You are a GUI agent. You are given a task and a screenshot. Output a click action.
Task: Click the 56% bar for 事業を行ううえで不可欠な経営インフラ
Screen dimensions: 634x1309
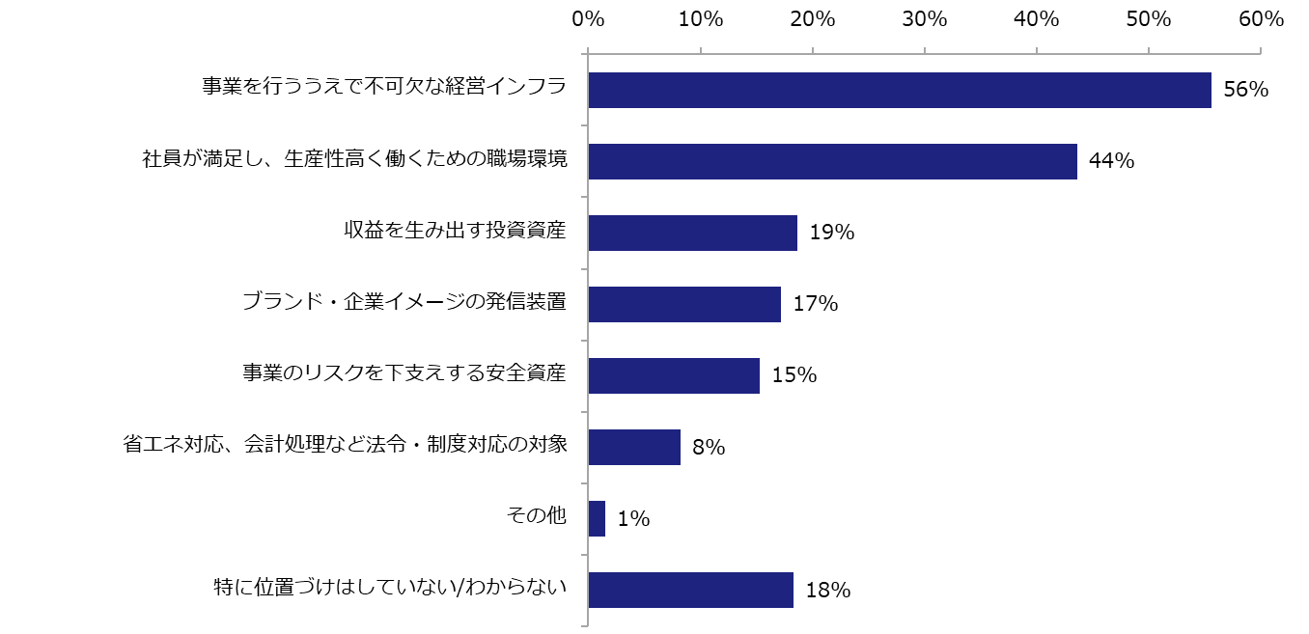click(899, 90)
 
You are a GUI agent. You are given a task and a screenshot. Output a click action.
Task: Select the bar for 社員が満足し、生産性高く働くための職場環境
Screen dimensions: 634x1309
click(832, 161)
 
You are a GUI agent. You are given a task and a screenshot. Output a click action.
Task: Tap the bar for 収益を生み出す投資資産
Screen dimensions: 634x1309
click(692, 233)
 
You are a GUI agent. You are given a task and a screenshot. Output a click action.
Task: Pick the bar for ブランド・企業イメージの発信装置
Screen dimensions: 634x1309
click(684, 304)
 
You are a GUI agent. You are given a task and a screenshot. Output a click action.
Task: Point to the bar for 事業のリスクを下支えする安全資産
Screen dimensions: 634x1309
click(674, 375)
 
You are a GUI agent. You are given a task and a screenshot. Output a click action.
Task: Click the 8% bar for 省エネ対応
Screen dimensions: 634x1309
click(634, 447)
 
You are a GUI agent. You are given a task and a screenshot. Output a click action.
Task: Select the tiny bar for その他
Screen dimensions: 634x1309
click(597, 518)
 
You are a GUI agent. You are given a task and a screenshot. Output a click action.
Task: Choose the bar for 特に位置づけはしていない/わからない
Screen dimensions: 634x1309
click(690, 590)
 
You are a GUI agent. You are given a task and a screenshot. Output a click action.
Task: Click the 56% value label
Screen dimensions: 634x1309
click(1244, 91)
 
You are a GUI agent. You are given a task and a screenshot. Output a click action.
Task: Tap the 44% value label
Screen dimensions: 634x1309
click(1111, 162)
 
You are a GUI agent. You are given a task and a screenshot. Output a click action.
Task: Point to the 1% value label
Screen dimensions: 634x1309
click(633, 519)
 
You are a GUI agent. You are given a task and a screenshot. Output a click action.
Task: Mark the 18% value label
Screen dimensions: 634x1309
click(827, 591)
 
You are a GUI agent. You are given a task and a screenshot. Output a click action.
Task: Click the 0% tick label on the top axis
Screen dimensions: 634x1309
click(588, 18)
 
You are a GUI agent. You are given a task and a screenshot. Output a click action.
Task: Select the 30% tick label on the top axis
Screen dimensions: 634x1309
click(925, 18)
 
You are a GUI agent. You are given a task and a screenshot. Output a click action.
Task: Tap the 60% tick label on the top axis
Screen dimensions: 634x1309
click(1261, 18)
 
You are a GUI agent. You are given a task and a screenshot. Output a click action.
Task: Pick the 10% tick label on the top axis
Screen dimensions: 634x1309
click(701, 18)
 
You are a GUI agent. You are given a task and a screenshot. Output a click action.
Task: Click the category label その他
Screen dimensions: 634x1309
click(536, 516)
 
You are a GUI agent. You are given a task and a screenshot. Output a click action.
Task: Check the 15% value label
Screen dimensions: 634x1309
click(794, 376)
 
